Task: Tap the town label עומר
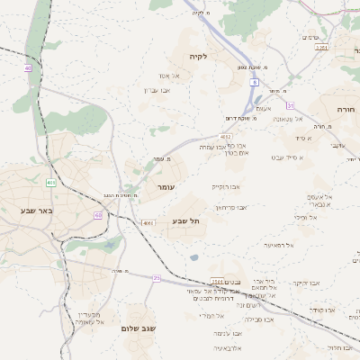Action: pos(166,186)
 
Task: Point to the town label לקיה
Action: pos(198,56)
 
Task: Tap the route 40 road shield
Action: pos(28,67)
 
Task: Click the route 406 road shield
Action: pos(51,183)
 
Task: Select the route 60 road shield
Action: pos(97,215)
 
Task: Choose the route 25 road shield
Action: pos(157,278)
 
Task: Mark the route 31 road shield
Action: pos(291,105)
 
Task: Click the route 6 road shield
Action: pos(255,82)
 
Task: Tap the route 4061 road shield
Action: pos(149,222)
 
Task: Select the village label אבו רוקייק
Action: pos(226,186)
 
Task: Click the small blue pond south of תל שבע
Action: pos(193,257)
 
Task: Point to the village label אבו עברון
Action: pos(157,90)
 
